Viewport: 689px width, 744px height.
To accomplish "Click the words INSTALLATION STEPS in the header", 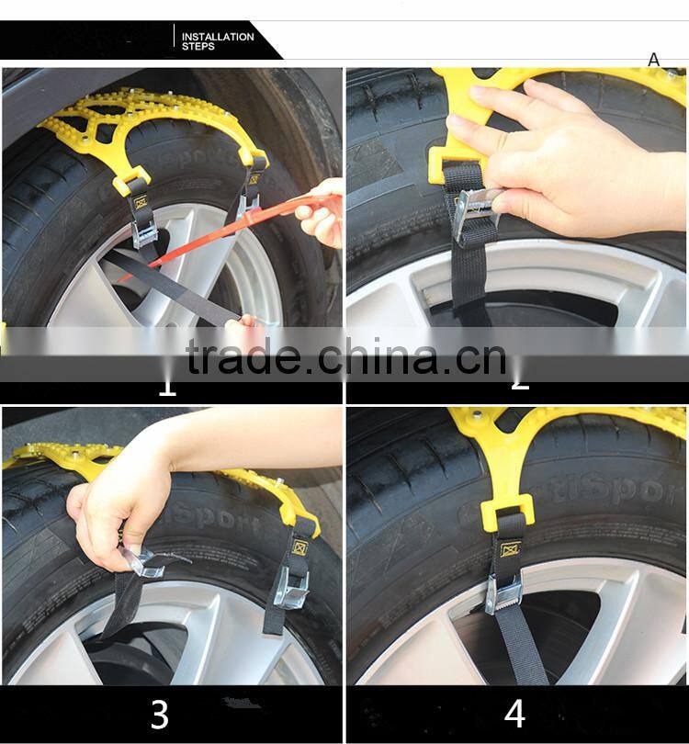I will click(217, 41).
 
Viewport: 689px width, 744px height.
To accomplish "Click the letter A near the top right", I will click(653, 60).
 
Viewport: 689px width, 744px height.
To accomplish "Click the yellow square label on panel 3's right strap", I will click(299, 547).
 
